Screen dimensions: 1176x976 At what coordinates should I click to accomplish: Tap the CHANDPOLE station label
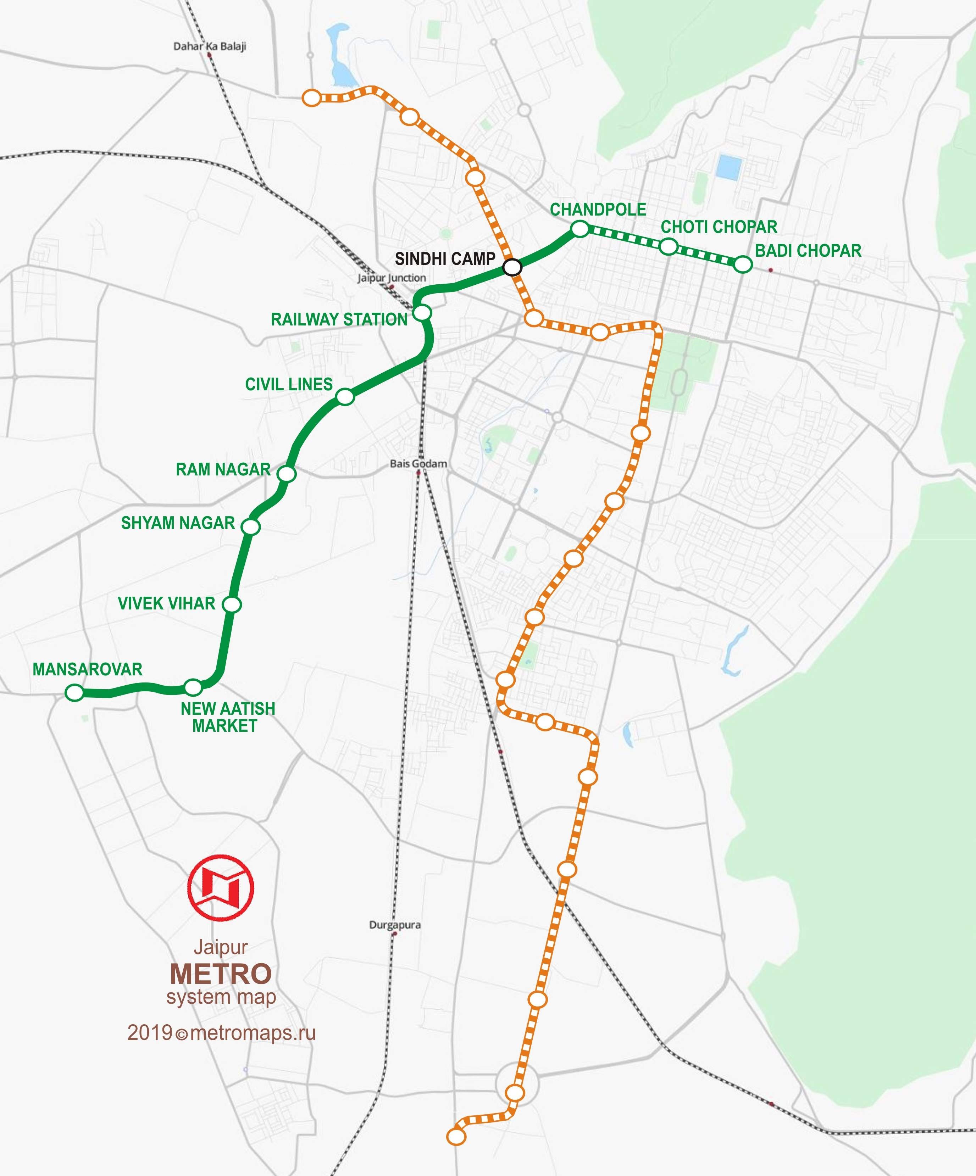(x=598, y=210)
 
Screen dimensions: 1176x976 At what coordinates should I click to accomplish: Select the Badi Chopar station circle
(x=742, y=264)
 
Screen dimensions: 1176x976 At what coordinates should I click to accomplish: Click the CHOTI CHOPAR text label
(x=719, y=227)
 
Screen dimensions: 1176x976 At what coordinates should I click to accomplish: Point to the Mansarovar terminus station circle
(x=74, y=693)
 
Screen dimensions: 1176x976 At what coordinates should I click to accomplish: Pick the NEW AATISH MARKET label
(x=227, y=717)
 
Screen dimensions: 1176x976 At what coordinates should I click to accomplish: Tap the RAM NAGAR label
(x=223, y=469)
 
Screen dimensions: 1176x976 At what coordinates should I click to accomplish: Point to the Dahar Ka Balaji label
(x=210, y=46)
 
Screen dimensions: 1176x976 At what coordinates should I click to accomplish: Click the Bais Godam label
(x=418, y=464)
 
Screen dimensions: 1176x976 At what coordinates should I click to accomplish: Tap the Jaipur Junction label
(x=392, y=278)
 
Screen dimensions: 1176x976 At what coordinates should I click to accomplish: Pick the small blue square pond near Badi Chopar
(x=728, y=167)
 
